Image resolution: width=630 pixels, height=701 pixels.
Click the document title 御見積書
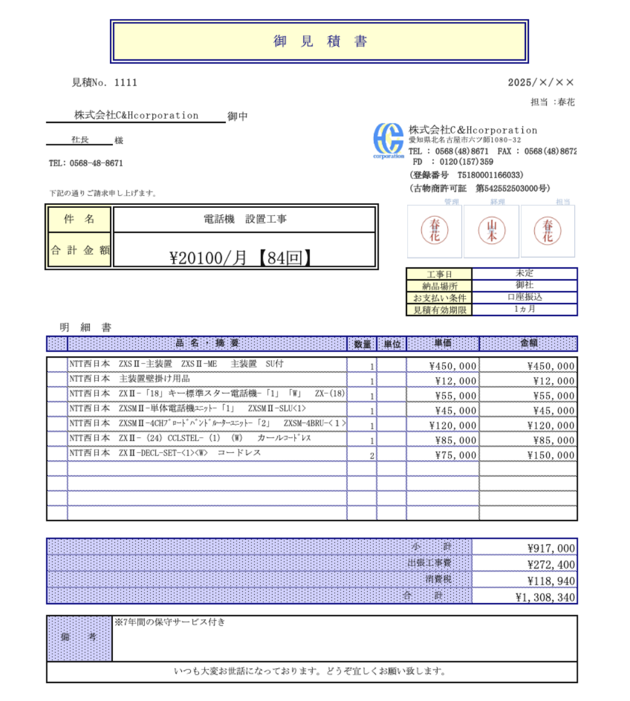[x=320, y=42]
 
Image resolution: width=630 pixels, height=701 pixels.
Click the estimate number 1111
[x=125, y=83]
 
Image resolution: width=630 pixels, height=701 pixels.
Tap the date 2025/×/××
[x=541, y=83]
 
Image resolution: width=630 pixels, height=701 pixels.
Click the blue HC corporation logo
[x=388, y=140]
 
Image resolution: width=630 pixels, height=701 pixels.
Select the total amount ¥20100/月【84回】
[x=241, y=257]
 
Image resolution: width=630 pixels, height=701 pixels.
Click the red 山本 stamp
[x=492, y=230]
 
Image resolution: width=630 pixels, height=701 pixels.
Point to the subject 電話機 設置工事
[x=245, y=219]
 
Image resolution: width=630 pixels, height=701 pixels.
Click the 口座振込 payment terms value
[x=524, y=297]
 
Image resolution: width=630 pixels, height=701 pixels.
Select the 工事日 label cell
[x=439, y=274]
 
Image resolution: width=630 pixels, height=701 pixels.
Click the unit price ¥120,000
[x=452, y=425]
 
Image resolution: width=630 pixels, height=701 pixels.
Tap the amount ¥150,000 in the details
[x=551, y=455]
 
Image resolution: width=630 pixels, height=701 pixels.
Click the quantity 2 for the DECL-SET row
[x=372, y=456]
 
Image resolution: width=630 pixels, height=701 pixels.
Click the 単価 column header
[x=443, y=343]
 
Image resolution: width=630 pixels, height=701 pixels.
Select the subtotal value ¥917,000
[x=551, y=548]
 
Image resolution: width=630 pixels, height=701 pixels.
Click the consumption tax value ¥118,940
[x=551, y=581]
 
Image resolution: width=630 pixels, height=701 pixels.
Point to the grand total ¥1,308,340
[x=545, y=597]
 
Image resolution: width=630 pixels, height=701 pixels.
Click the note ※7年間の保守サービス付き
[x=170, y=622]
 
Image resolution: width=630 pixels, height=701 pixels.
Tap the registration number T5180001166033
[x=490, y=175]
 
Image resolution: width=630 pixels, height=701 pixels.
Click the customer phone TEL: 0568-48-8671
[x=86, y=163]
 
